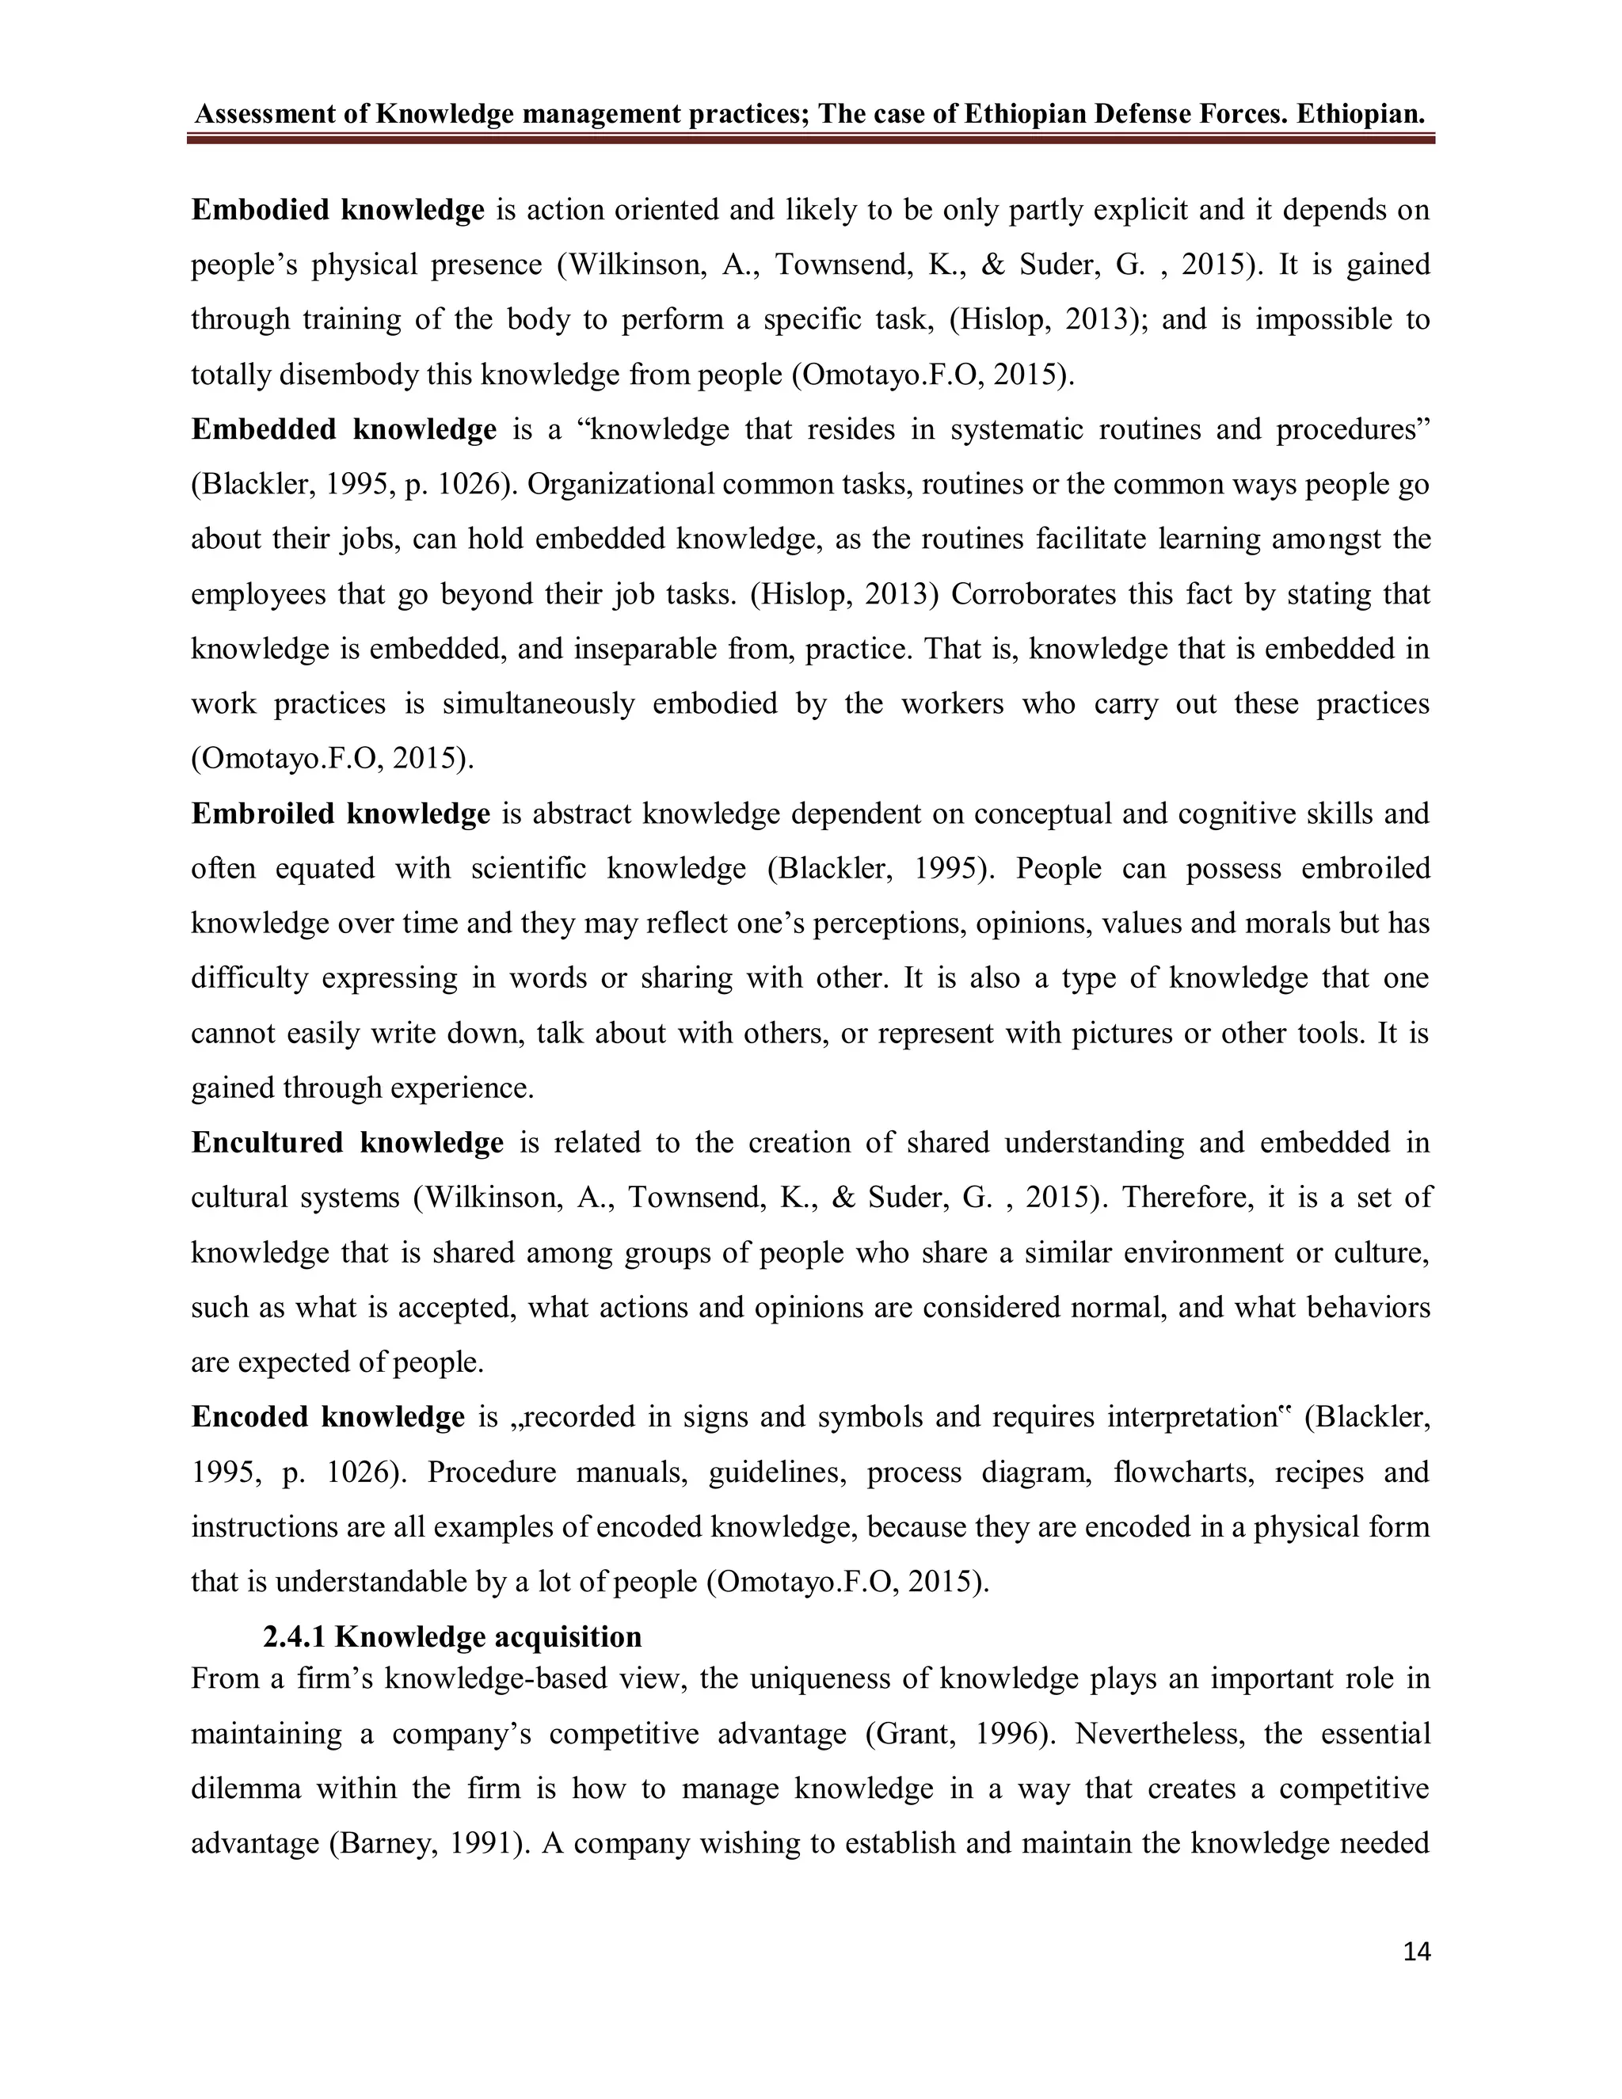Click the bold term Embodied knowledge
tap(337, 210)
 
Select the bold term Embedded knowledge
tap(343, 429)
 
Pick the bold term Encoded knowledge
tap(328, 1417)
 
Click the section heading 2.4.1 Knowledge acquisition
tap(452, 1636)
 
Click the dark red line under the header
tap(810, 140)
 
